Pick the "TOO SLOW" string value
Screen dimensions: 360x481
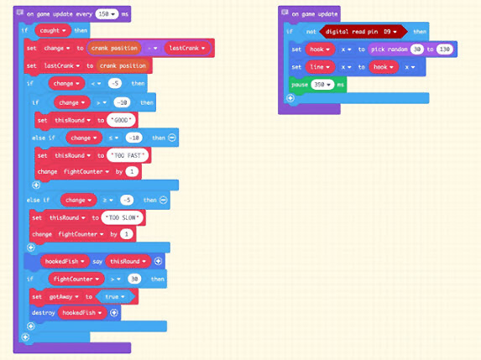[x=120, y=218]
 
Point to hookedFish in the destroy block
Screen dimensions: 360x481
[x=84, y=312]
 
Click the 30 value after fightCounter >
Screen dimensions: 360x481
[x=134, y=279]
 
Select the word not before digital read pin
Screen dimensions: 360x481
[x=311, y=31]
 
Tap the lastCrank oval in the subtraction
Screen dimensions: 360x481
[x=186, y=48]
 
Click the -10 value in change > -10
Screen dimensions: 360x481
[x=123, y=102]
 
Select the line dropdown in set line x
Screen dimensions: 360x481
[x=320, y=67]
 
